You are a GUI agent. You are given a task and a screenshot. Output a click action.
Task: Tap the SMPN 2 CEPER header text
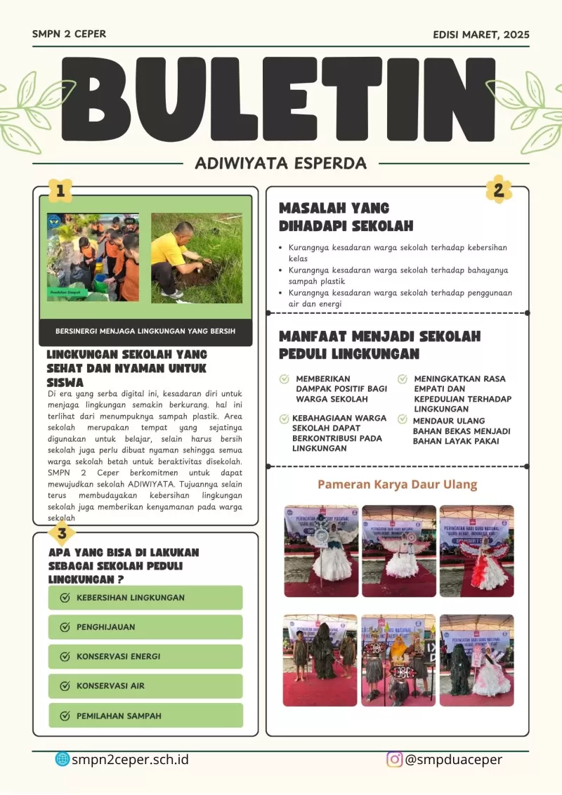pos(69,34)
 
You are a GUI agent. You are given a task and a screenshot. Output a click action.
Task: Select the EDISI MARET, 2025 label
pos(481,34)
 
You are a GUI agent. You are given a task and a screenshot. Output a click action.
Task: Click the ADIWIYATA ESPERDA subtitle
pos(280,164)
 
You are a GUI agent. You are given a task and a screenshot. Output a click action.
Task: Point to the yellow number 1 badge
pos(60,190)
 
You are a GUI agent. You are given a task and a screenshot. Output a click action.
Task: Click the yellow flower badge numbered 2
pos(499,190)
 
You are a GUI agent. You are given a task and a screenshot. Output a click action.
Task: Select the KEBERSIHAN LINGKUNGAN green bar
pos(145,598)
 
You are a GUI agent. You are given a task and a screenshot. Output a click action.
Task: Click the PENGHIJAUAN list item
pos(145,627)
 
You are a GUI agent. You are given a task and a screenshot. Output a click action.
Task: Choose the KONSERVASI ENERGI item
pos(145,657)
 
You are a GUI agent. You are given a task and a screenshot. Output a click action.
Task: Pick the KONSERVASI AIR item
pos(145,686)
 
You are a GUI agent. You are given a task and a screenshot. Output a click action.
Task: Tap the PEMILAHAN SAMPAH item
pos(145,716)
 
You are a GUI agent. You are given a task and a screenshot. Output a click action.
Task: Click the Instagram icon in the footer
pos(395,759)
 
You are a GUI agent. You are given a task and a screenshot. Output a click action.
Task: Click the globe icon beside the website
pos(63,759)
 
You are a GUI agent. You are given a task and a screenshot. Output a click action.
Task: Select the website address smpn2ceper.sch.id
pos(130,759)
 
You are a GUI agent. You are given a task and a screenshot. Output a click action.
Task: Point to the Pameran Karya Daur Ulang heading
pos(397,485)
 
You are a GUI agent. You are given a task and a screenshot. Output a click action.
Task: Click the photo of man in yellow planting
pos(197,258)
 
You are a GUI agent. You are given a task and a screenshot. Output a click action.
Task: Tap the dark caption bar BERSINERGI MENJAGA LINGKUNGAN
pos(145,331)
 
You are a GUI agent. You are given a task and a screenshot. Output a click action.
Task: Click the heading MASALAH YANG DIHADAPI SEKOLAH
pos(346,217)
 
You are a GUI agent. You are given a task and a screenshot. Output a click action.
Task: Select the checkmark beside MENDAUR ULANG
pos(403,419)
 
